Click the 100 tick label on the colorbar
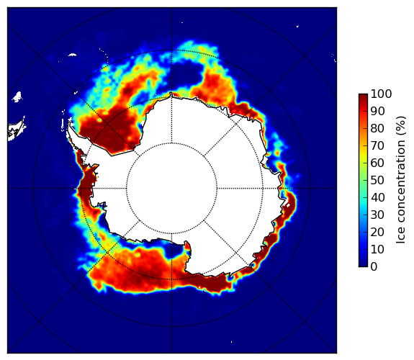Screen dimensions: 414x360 [381, 94]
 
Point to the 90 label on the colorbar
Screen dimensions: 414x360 [377, 111]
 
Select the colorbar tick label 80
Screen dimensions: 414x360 [377, 129]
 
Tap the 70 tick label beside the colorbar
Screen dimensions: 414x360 [377, 145]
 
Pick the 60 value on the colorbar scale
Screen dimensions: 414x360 [377, 163]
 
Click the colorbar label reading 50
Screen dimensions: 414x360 [377, 181]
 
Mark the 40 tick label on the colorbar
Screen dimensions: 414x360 [377, 197]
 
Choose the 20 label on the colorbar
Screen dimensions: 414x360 [377, 232]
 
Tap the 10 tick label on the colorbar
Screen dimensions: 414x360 [377, 249]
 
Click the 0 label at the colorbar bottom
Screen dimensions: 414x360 [374, 267]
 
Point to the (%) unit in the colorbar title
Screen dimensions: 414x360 [400, 126]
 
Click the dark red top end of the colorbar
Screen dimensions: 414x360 [363, 96]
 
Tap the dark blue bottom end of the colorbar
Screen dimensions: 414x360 [363, 264]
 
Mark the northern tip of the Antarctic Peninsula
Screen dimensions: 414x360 [69, 122]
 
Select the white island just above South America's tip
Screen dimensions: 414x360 [17, 96]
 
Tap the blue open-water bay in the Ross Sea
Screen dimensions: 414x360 [173, 250]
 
